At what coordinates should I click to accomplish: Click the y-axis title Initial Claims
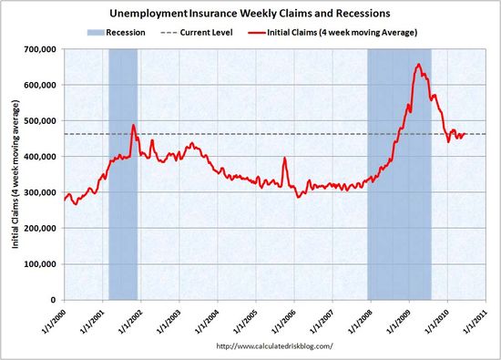click(14, 173)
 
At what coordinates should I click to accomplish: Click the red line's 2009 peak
click(417, 64)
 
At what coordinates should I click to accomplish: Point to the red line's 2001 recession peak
click(133, 125)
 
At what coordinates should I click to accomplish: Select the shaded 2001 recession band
click(123, 228)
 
